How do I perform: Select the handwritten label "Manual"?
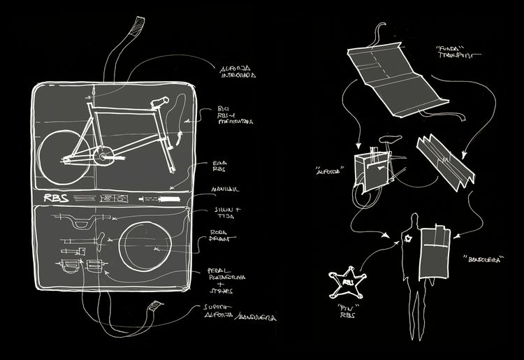pos(226,189)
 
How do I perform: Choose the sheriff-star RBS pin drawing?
pos(347,282)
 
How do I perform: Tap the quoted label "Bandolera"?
pos(481,258)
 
